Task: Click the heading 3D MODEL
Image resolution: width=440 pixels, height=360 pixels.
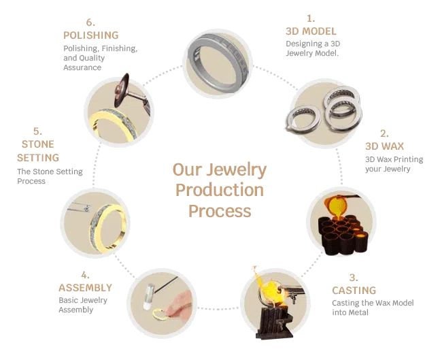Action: [x=311, y=31]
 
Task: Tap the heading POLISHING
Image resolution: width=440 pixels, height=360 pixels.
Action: [x=91, y=35]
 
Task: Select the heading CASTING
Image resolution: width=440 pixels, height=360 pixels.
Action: [x=354, y=290]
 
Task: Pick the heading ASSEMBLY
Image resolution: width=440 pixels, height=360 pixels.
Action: [x=85, y=288]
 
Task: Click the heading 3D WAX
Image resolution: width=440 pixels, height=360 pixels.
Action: [x=384, y=146]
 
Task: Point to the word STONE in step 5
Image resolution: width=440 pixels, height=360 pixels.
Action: [x=38, y=144]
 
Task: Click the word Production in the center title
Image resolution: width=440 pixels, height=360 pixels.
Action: [x=220, y=190]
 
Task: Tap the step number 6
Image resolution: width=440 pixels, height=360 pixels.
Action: [x=90, y=22]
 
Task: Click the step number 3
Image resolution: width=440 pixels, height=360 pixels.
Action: [x=354, y=278]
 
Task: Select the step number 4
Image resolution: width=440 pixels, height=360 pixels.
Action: [x=85, y=275]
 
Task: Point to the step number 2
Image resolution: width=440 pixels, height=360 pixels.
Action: [x=384, y=133]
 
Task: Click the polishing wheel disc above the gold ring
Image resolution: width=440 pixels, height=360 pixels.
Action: [x=122, y=90]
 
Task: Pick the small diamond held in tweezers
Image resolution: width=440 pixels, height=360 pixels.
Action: [x=87, y=208]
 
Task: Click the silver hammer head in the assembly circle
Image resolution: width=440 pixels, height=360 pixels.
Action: [x=149, y=297]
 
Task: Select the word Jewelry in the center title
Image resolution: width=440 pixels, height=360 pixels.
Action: [x=236, y=170]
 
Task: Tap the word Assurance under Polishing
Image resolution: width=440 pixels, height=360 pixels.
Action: [x=82, y=67]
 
